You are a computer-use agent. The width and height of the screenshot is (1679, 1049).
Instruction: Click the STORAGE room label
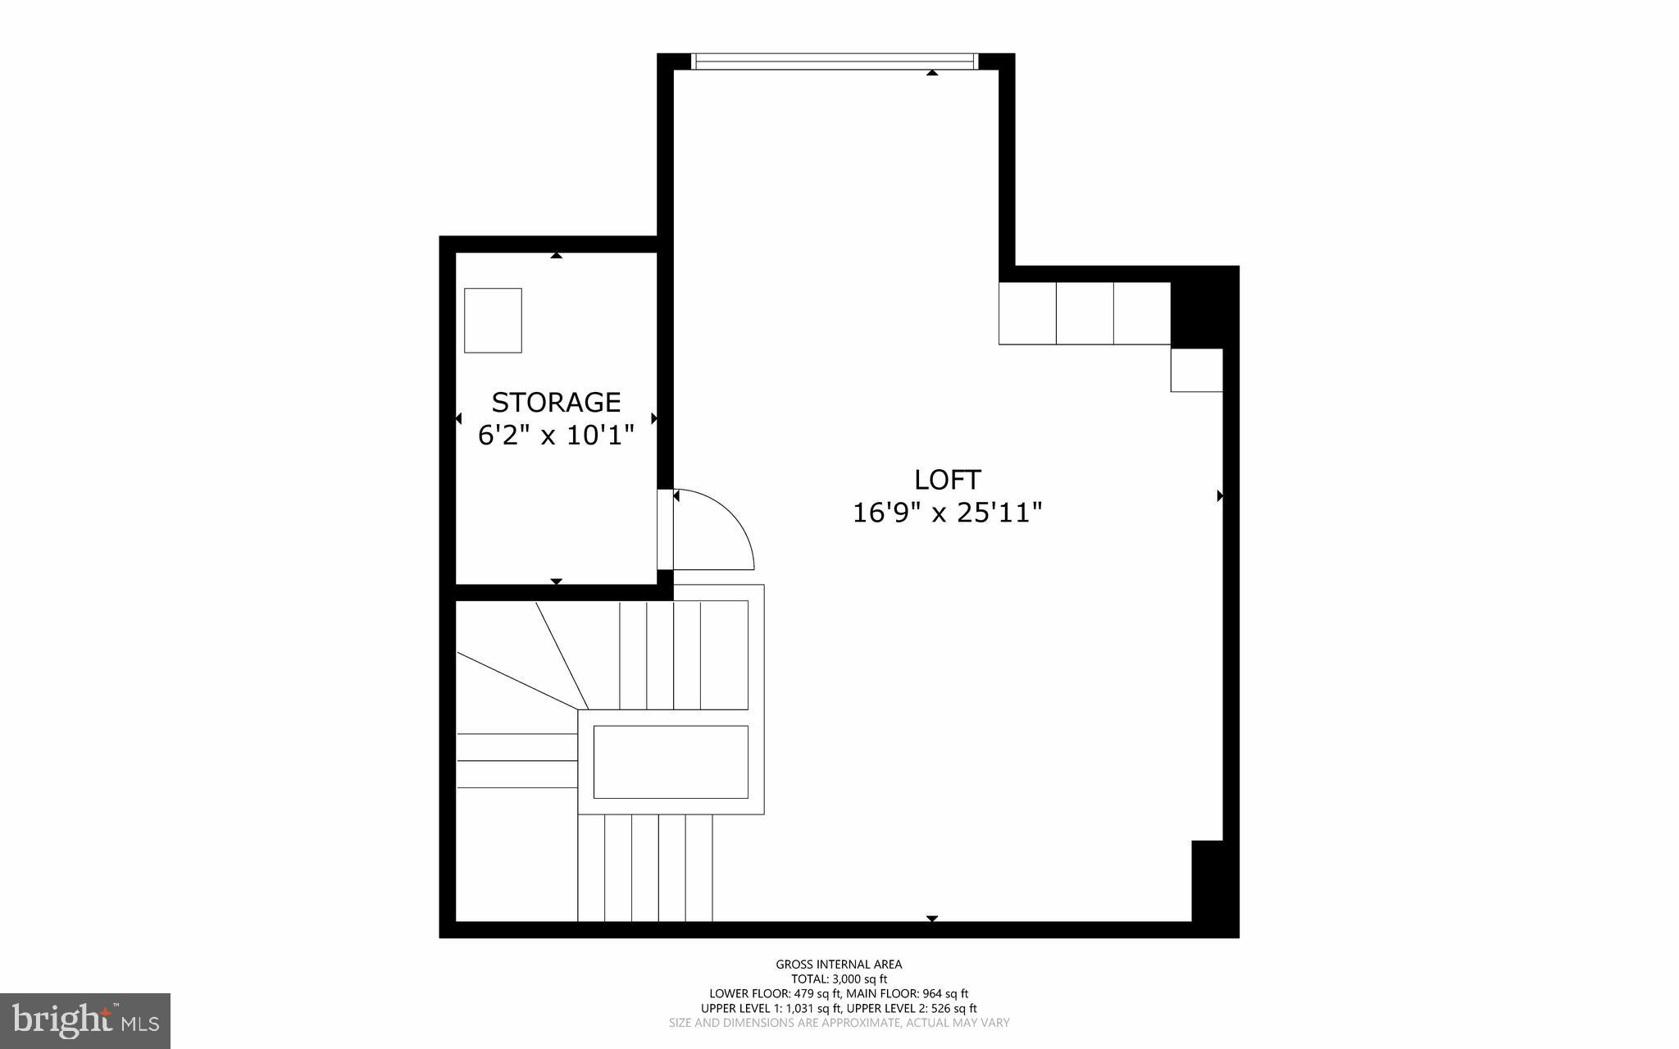[556, 402]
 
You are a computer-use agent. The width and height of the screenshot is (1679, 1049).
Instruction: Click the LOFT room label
[948, 479]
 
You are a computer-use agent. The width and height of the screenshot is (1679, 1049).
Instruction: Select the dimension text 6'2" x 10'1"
[556, 435]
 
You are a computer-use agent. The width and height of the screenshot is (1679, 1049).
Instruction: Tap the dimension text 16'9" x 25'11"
[948, 513]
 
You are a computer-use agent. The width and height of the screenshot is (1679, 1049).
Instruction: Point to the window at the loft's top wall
[835, 62]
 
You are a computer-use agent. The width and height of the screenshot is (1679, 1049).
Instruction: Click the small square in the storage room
[493, 320]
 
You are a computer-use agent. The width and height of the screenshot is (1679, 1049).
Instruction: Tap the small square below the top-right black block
[1196, 370]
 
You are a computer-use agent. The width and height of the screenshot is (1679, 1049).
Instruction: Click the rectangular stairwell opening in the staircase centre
[671, 761]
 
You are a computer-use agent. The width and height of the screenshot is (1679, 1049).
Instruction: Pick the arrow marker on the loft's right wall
[1220, 495]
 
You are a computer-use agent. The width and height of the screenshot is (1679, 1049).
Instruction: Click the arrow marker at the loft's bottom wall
[931, 919]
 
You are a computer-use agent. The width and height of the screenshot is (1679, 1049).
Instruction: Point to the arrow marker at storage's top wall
[557, 255]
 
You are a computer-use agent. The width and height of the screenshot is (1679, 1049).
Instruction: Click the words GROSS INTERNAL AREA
[839, 965]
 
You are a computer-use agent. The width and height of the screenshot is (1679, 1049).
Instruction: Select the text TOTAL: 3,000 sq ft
[839, 979]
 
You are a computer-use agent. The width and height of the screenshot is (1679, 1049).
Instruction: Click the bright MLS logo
[84, 1020]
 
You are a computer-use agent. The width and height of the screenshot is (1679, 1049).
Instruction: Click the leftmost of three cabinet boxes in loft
[1027, 312]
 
